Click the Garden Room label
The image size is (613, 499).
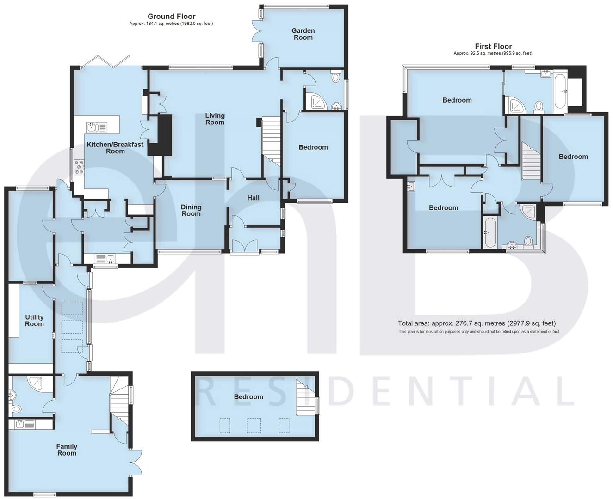(303, 34)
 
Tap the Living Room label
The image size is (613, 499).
(215, 119)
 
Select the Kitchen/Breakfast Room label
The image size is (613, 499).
(115, 147)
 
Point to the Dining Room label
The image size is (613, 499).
(191, 211)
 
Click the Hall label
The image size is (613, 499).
(253, 198)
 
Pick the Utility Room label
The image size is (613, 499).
(34, 320)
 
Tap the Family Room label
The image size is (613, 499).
(67, 450)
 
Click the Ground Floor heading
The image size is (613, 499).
(171, 17)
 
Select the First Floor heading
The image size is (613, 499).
(493, 46)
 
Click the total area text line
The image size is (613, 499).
(477, 323)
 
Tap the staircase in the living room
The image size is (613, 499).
(271, 141)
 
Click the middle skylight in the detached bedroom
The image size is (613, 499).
(254, 426)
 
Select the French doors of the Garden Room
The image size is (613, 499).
(260, 32)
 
